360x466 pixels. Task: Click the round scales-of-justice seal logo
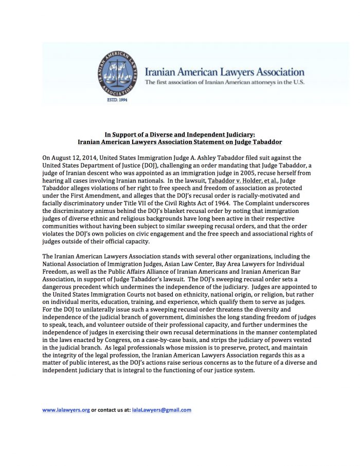pyautogui.click(x=119, y=73)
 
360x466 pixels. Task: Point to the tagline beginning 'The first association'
pyautogui.click(x=225, y=83)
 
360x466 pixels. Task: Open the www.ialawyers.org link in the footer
pyautogui.click(x=66, y=410)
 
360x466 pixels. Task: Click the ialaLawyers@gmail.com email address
pyautogui.click(x=161, y=410)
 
